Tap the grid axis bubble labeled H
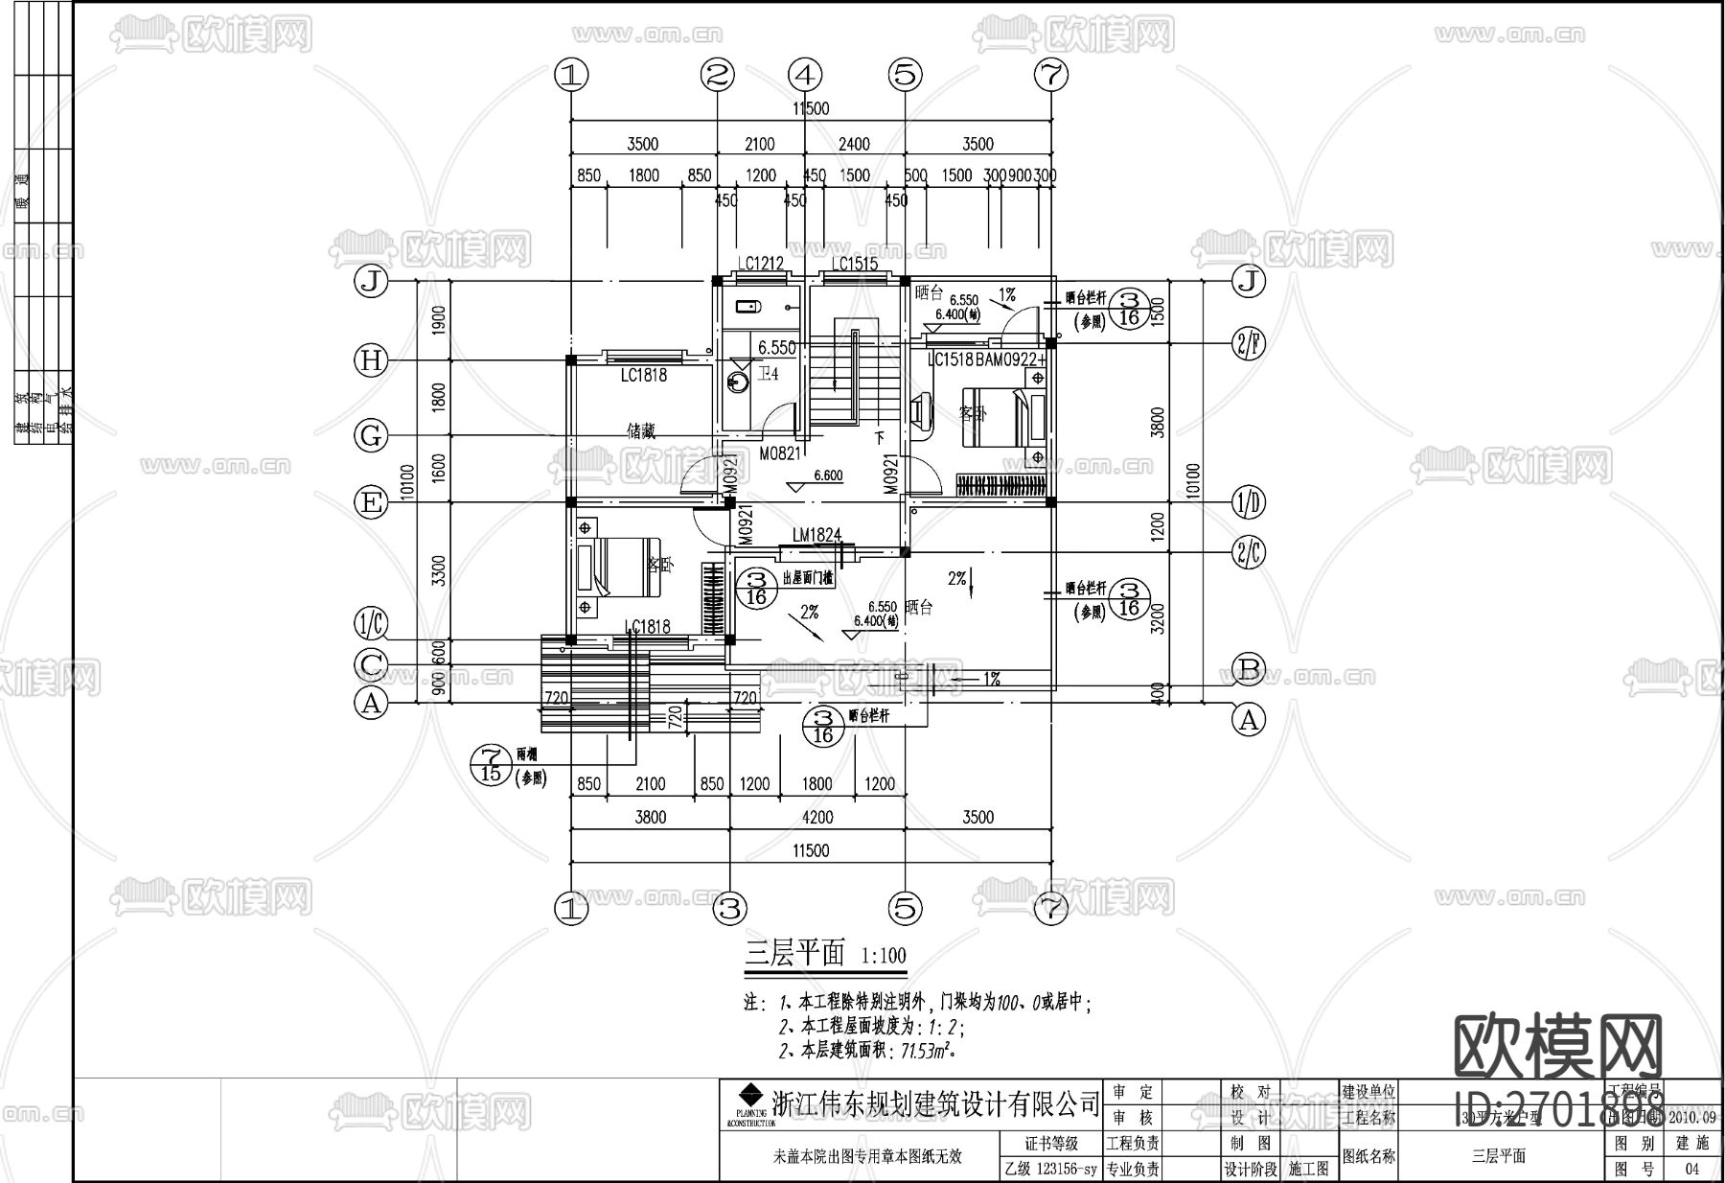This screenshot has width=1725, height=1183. click(370, 360)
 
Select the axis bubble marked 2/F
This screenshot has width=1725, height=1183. click(1247, 343)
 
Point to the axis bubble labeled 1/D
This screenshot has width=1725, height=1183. click(1247, 501)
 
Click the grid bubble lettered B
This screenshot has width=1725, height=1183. click(1248, 667)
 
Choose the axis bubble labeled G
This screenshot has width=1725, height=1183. click(370, 436)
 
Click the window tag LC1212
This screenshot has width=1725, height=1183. click(760, 264)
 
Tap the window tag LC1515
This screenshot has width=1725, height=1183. click(854, 264)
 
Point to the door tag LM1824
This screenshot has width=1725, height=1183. click(816, 535)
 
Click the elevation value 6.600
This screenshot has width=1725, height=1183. click(827, 476)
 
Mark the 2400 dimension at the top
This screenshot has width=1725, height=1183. click(854, 144)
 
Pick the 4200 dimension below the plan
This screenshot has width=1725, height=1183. click(816, 817)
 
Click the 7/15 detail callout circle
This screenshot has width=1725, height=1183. click(492, 764)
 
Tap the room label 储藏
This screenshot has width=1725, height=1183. click(641, 431)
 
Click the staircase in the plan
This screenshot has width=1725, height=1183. click(853, 374)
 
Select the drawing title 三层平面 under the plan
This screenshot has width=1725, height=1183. click(795, 954)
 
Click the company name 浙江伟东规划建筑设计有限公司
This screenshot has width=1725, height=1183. click(935, 1103)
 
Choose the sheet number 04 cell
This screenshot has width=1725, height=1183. click(1690, 1169)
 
